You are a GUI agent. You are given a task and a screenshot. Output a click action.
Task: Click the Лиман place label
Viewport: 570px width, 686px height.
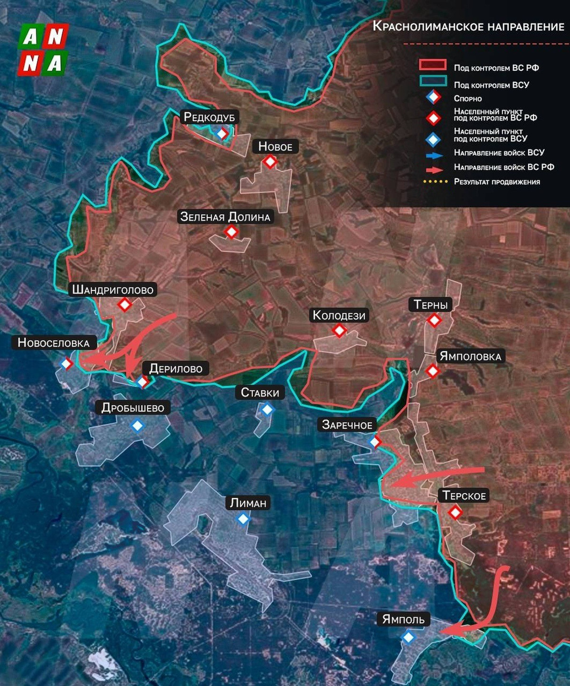pos(248,503)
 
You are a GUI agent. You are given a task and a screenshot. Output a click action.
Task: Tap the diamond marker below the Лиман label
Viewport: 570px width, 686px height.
pos(243,519)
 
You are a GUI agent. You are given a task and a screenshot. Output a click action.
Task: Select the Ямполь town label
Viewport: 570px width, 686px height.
pos(403,619)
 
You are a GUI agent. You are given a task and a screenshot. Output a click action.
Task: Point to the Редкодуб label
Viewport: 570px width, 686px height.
pos(209,117)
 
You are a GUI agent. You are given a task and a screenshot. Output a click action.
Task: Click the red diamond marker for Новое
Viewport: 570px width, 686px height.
pos(270,162)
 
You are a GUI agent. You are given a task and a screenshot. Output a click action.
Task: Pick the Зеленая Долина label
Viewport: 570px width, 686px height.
pos(225,217)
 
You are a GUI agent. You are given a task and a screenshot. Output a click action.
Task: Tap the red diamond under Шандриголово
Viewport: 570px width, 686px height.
pos(125,305)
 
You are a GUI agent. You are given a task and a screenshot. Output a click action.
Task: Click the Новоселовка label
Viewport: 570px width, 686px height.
pos(53,343)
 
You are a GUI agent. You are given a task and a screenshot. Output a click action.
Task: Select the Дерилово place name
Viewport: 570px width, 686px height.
pos(176,369)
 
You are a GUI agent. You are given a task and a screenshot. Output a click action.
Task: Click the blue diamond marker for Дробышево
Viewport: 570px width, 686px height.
pos(137,426)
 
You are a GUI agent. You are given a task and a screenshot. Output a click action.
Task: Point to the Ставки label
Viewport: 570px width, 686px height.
pos(260,393)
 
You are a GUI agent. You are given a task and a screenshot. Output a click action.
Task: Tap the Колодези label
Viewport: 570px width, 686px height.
pos(339,315)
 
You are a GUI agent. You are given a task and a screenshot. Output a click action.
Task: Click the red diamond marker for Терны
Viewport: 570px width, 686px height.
pos(434,320)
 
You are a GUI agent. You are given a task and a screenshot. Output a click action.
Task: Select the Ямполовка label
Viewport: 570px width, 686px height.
pos(470,356)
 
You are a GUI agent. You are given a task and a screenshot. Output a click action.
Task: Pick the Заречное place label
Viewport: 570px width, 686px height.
pos(347,425)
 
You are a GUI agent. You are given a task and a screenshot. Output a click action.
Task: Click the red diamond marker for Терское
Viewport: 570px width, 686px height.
pos(455,512)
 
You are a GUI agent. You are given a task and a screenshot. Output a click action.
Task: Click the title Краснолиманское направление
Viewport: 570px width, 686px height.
pos(468,26)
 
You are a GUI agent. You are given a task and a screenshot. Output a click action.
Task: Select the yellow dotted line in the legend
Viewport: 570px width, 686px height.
pos(435,182)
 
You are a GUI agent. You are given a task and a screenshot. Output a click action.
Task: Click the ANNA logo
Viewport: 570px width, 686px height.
pos(43,50)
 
